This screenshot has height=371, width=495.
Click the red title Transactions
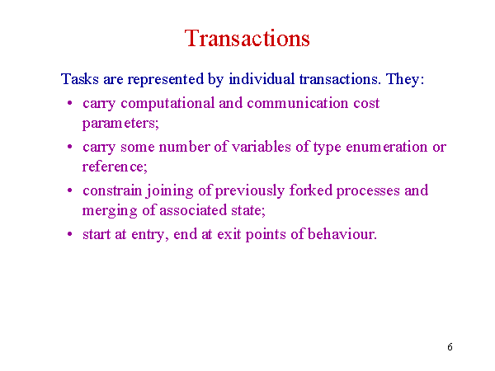tap(247, 38)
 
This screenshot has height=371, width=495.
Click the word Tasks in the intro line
tap(80, 78)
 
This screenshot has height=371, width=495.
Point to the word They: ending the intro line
tap(405, 79)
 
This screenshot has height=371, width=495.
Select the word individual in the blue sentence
tap(262, 78)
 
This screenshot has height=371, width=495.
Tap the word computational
tap(167, 104)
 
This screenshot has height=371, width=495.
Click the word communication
tap(297, 103)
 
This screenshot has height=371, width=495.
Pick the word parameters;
tap(120, 124)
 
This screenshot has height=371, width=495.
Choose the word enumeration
tap(387, 147)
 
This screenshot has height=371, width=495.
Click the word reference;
tap(115, 167)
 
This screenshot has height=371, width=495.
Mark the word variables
tap(262, 147)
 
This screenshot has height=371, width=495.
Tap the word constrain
tap(112, 190)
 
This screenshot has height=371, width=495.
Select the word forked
tap(311, 190)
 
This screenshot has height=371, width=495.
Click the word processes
tap(368, 191)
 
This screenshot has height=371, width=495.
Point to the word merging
tap(110, 211)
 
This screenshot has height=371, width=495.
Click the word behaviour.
tap(342, 234)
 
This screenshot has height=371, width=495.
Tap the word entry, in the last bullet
tap(150, 235)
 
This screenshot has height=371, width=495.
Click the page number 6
tap(450, 347)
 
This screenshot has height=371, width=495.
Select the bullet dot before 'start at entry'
tap(70, 234)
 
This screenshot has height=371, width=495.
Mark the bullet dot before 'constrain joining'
tap(70, 190)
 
